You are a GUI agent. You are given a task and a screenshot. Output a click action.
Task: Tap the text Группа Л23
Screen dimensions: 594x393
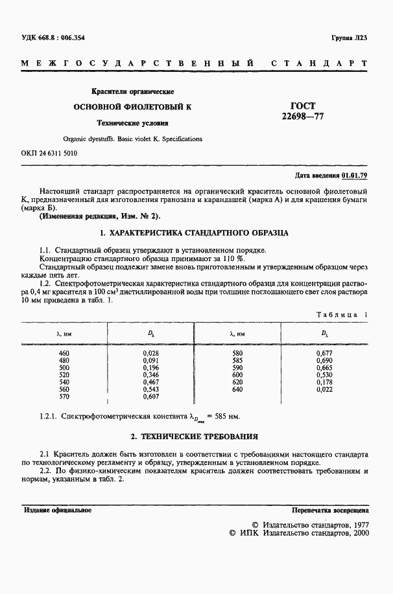pos(350,39)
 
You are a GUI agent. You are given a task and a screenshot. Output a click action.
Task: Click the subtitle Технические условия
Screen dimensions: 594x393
pos(132,122)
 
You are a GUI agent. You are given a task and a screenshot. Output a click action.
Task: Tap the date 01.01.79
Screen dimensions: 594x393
pos(355,176)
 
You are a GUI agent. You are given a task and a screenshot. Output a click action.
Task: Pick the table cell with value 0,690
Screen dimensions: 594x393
pos(324,359)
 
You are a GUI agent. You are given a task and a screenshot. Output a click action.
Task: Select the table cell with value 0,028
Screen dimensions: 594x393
pos(150,352)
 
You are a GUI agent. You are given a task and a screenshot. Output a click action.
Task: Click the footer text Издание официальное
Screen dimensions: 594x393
pos(57,510)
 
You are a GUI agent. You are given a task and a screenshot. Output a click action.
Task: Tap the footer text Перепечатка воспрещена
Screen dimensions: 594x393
pos(330,510)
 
